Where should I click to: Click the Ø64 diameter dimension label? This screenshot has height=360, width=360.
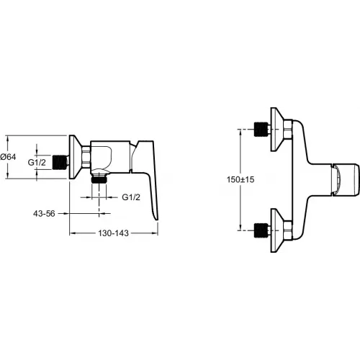tap(8, 157)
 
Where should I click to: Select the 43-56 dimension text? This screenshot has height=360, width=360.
tap(44, 213)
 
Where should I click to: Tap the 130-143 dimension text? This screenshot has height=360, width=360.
tap(113, 233)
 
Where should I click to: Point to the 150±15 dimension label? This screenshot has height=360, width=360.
tap(240, 179)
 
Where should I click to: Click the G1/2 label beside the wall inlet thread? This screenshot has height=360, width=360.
tap(37, 163)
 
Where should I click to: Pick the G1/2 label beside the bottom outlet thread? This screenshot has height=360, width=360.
tap(131, 197)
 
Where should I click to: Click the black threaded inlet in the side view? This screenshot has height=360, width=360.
tap(59, 163)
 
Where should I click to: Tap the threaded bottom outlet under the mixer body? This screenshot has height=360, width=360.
tap(99, 179)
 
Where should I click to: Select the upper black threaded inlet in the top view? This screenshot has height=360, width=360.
tap(261, 130)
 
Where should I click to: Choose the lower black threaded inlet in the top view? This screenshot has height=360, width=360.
tap(261, 230)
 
